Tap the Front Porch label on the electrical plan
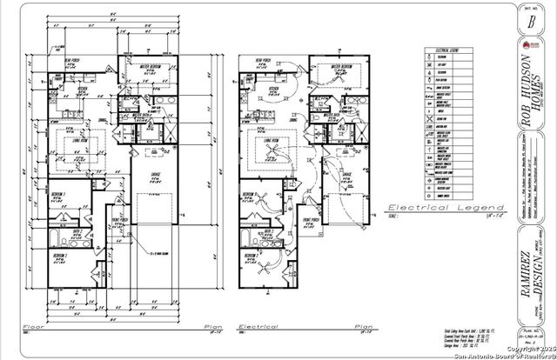pyautogui.click(x=312, y=220)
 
